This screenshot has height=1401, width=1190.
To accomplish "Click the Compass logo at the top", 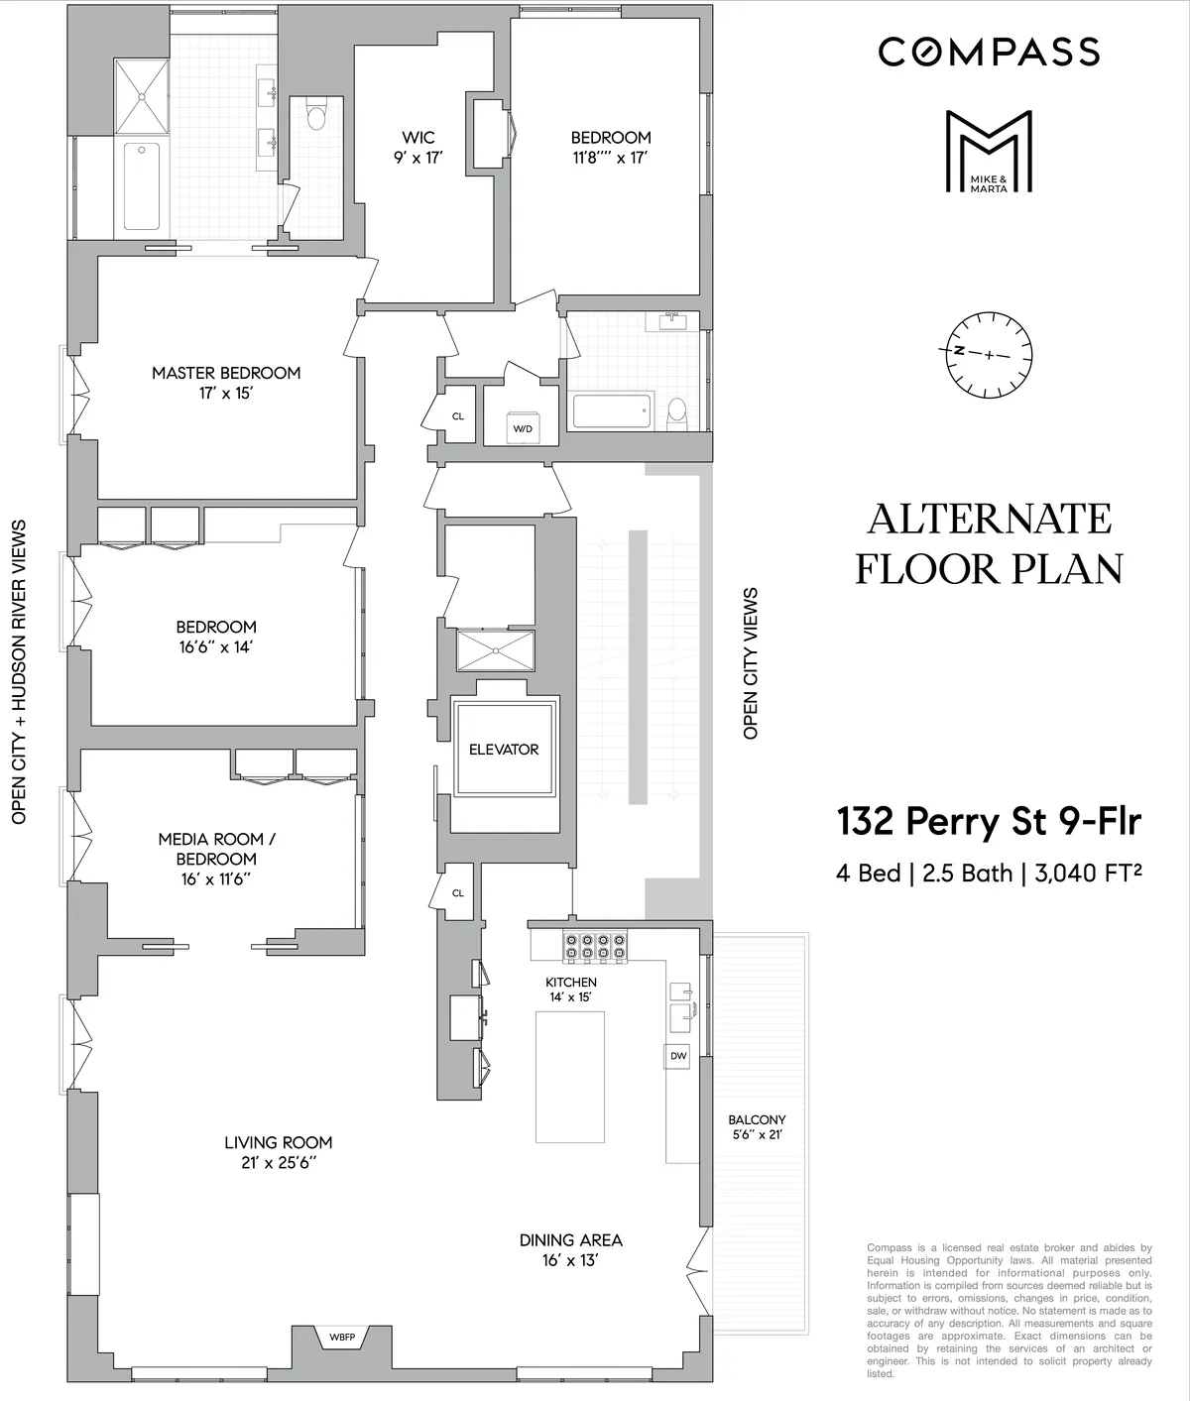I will pos(989,52).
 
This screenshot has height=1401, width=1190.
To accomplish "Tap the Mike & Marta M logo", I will pos(989,151).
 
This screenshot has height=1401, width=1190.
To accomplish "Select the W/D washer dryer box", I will pos(522,428).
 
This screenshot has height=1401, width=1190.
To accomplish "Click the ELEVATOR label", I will pos(504,750).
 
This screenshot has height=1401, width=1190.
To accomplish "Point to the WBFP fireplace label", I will pos(342,1338).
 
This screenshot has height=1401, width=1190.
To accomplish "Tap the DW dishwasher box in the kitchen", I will pos(678,1056).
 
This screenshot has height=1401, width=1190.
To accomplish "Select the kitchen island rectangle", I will pos(570,1077).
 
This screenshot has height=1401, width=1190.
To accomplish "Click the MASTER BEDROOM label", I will pos(226,382).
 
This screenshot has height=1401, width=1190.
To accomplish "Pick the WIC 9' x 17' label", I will pos(417,147).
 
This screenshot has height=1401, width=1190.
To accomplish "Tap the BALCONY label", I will pos(757,1126).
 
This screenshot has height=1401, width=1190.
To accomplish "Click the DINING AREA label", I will pos(571,1249).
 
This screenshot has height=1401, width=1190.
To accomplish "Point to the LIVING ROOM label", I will pos(278,1152).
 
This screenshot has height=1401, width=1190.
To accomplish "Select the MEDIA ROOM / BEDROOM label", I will pos(217,859).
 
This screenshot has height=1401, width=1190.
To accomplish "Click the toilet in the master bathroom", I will pos(316,119).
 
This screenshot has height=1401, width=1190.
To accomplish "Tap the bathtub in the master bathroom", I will pos(142,187).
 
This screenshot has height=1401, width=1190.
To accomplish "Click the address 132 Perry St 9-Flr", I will pos(989,821).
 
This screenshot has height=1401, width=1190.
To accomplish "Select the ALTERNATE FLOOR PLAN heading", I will pos(989,543).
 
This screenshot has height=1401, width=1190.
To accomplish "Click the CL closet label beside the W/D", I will pos(457,416).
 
